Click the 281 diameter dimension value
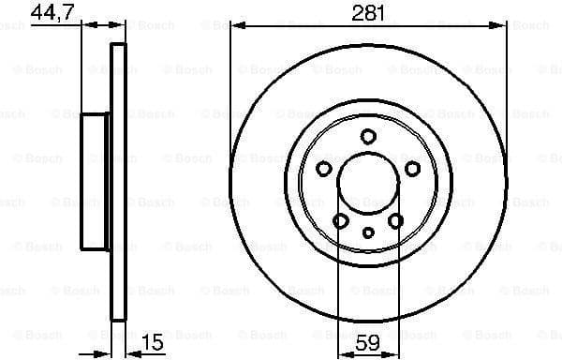pyautogui.click(x=368, y=12)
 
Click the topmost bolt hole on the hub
pyautogui.click(x=368, y=136)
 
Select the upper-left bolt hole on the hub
pyautogui.click(x=324, y=169)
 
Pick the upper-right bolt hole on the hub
pyautogui.click(x=412, y=169)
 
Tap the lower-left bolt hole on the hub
pyautogui.click(x=341, y=220)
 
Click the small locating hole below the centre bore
pyautogui.click(x=368, y=232)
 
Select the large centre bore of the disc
pyautogui.click(x=368, y=183)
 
